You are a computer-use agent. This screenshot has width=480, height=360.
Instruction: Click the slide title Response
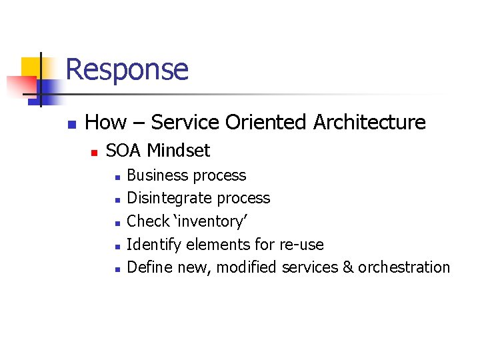127,69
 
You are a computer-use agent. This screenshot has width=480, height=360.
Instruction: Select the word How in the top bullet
105,123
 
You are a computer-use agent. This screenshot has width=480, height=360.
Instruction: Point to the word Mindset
178,151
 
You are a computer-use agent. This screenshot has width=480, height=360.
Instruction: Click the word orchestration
404,267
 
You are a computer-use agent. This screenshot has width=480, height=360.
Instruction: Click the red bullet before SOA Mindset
94,153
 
